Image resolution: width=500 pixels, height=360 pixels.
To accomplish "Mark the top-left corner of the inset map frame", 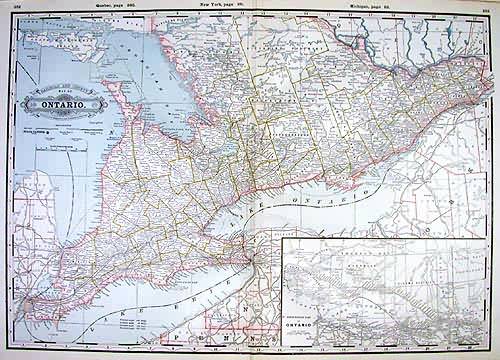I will click(x=282, y=239).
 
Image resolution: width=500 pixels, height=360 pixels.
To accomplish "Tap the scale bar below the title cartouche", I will click(x=55, y=129).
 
